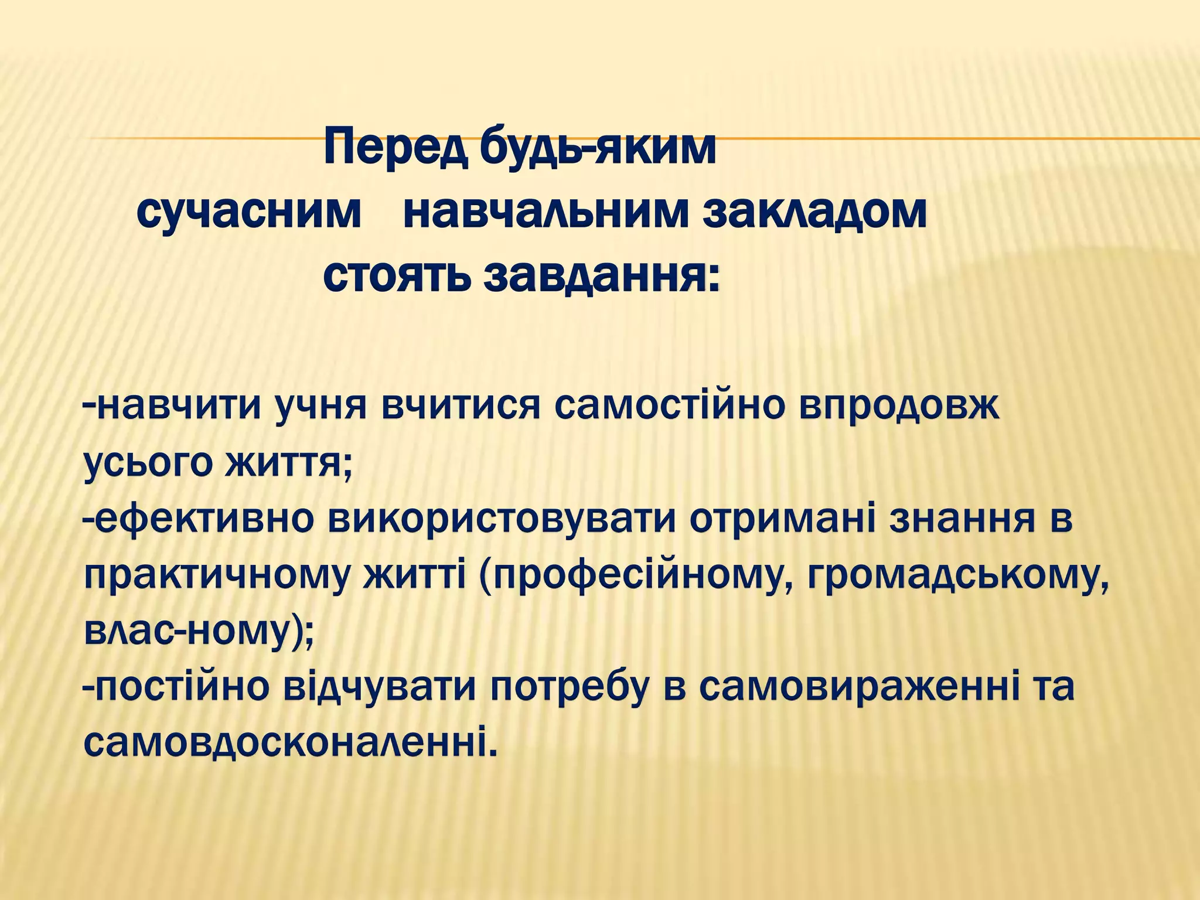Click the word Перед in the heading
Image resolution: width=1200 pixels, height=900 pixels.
[x=396, y=149]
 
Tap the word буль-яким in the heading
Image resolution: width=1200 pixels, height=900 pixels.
[x=598, y=149]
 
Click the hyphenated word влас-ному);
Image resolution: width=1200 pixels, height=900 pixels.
[x=199, y=635]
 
